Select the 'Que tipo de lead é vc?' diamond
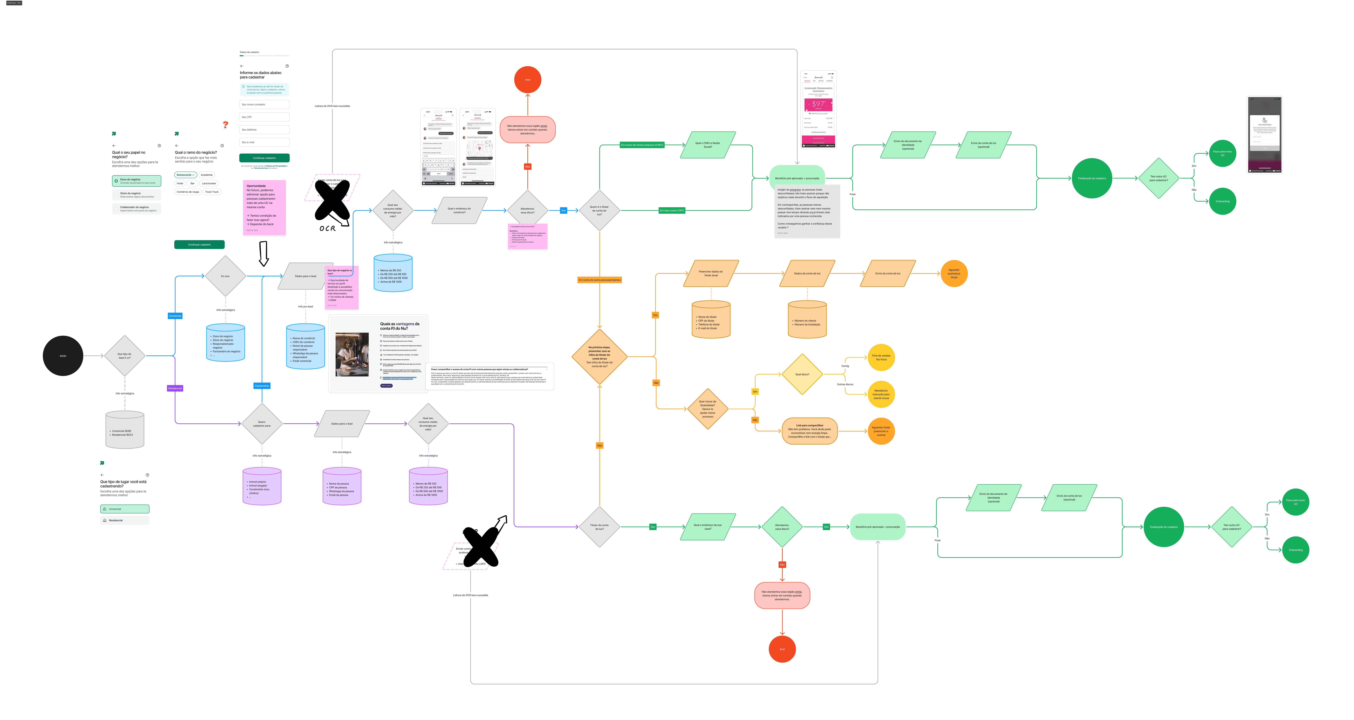click(x=125, y=356)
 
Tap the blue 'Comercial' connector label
click(x=175, y=316)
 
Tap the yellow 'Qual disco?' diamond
click(x=802, y=374)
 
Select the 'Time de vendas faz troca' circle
click(x=881, y=358)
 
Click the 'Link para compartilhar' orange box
click(x=809, y=431)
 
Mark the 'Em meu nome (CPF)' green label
click(x=672, y=210)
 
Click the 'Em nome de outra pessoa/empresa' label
click(x=599, y=280)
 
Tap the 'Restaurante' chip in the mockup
click(x=185, y=175)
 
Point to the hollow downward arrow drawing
click(x=264, y=254)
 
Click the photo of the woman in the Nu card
click(x=352, y=354)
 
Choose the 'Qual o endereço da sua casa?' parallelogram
click(x=708, y=526)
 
